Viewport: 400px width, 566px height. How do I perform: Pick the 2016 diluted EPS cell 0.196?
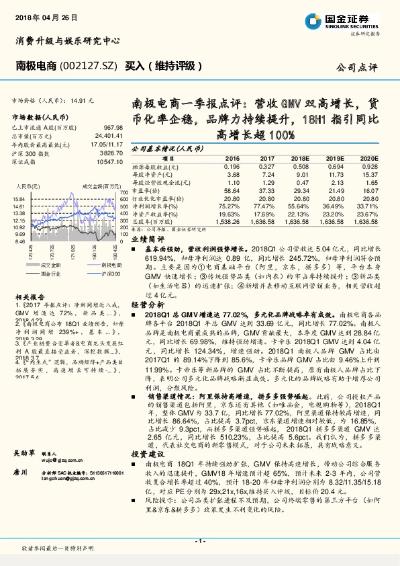232,166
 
